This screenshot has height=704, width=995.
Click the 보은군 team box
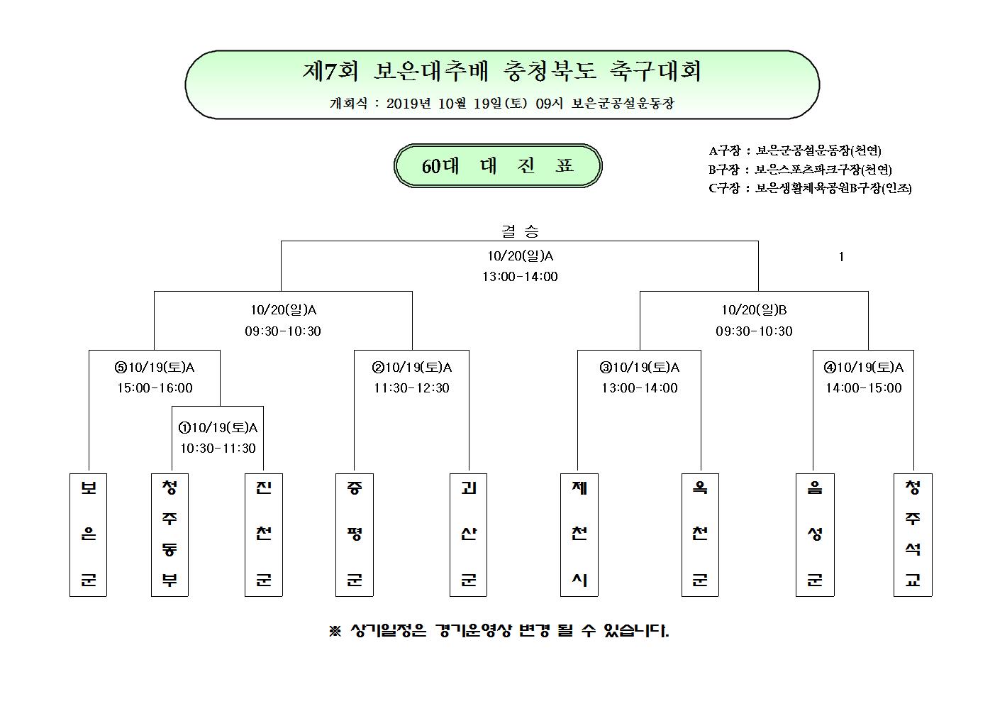pyautogui.click(x=89, y=534)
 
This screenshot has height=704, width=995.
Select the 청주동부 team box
pyautogui.click(x=169, y=534)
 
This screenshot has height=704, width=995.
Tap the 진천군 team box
pyautogui.click(x=264, y=534)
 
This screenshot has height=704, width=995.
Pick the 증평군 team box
pyautogui.click(x=355, y=534)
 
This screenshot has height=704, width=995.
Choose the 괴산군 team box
pyautogui.click(x=469, y=534)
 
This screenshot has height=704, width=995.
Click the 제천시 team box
pyautogui.click(x=579, y=534)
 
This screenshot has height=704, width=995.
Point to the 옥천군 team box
pyautogui.click(x=700, y=534)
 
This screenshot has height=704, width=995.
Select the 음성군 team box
pyautogui.click(x=815, y=534)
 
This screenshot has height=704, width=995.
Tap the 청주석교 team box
pyautogui.click(x=913, y=534)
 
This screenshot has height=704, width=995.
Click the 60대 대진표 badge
pyautogui.click(x=498, y=166)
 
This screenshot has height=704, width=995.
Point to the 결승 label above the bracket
pyautogui.click(x=520, y=231)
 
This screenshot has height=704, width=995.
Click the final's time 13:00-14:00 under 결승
pyautogui.click(x=520, y=277)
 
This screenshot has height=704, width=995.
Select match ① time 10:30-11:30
pyautogui.click(x=218, y=448)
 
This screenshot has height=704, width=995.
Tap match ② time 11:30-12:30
pyautogui.click(x=412, y=388)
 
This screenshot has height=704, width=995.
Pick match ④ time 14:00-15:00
pyautogui.click(x=864, y=388)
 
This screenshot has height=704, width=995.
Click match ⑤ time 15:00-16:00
pyautogui.click(x=155, y=388)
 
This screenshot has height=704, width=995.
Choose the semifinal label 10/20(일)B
pyautogui.click(x=754, y=310)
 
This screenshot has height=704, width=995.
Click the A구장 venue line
pyautogui.click(x=795, y=150)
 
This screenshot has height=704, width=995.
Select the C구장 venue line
pyautogui.click(x=810, y=189)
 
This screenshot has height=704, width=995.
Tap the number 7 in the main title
pyautogui.click(x=331, y=71)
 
